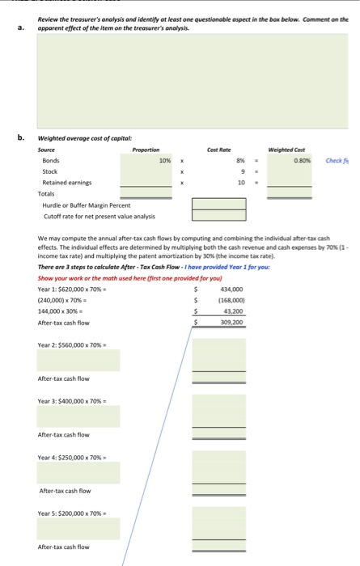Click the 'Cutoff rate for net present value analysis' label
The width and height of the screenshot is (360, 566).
coord(98,215)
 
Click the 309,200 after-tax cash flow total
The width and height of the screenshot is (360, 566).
coord(233,322)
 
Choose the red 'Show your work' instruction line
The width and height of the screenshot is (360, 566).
coord(111,277)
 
